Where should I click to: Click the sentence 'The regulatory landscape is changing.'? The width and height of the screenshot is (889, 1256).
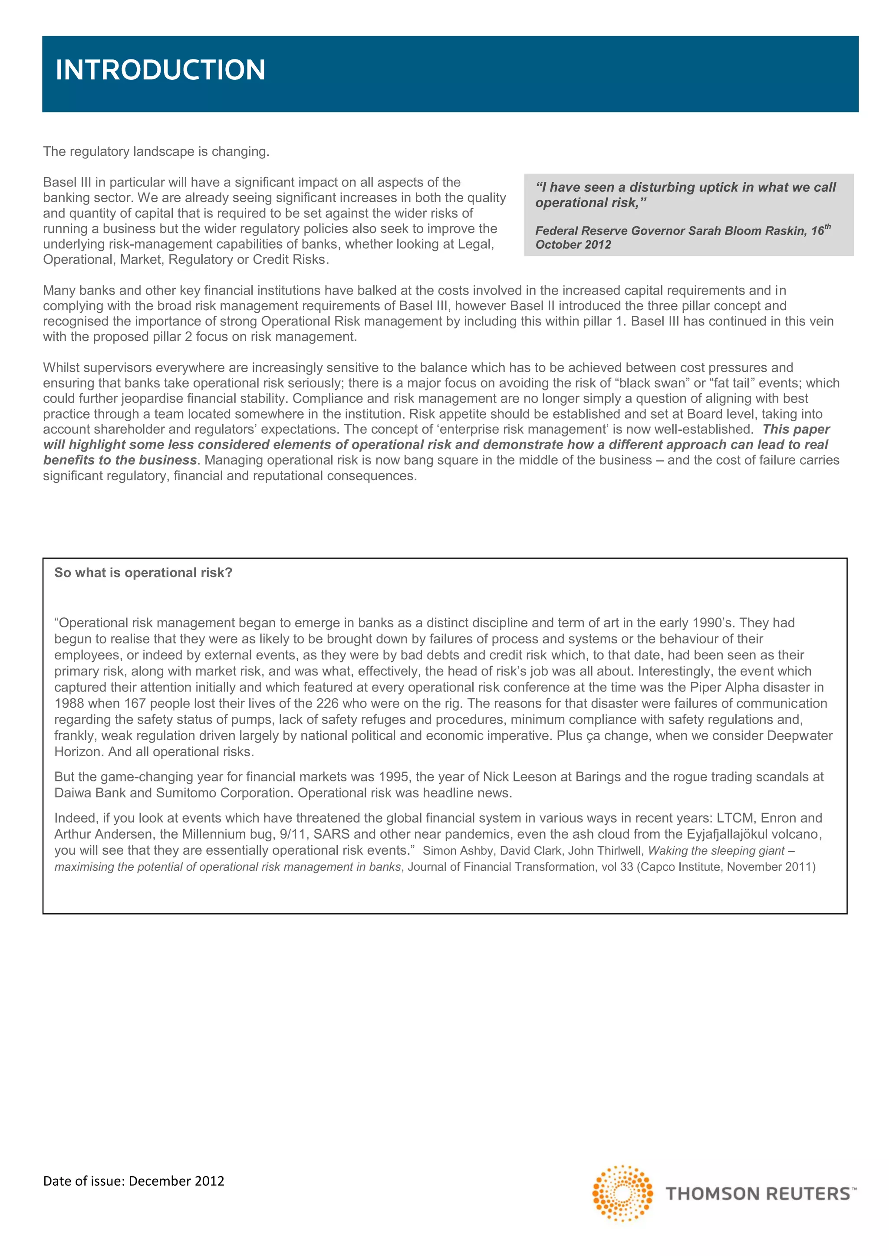156,151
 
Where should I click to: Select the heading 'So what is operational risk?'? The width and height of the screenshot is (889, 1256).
143,573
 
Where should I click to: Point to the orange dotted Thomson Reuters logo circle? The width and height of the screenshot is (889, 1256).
622,1193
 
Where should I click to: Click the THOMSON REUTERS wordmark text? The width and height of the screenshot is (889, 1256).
758,1194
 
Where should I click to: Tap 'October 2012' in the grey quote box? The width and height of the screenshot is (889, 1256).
573,245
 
